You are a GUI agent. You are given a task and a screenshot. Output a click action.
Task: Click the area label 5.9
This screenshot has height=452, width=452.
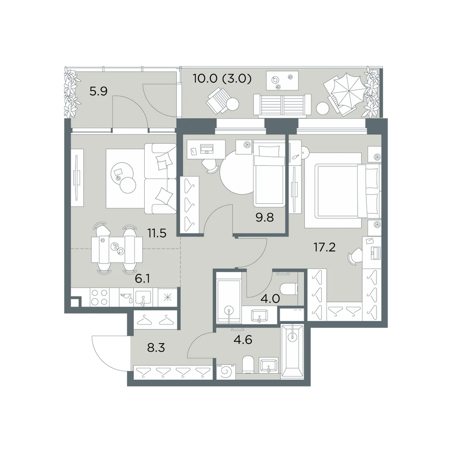99,91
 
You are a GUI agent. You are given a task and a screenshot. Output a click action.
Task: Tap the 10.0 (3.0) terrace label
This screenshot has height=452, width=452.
222,78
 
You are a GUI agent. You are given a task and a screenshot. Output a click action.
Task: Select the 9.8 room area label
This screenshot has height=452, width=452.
264,217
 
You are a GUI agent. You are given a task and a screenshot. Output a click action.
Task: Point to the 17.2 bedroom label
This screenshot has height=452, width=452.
325,247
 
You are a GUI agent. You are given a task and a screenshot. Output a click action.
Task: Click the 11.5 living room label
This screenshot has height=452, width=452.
157,233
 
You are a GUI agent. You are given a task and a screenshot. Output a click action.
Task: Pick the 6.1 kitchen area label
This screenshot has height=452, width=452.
142,279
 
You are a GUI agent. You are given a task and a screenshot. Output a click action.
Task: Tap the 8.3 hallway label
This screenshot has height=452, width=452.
156,348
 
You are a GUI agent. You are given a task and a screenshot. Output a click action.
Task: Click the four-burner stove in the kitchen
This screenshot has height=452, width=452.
99,298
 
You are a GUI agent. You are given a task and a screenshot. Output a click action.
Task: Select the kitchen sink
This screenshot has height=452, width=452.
143,298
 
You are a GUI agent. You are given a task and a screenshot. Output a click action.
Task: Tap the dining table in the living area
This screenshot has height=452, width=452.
117,250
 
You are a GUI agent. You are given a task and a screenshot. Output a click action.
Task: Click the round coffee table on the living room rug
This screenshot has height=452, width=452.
127,185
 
